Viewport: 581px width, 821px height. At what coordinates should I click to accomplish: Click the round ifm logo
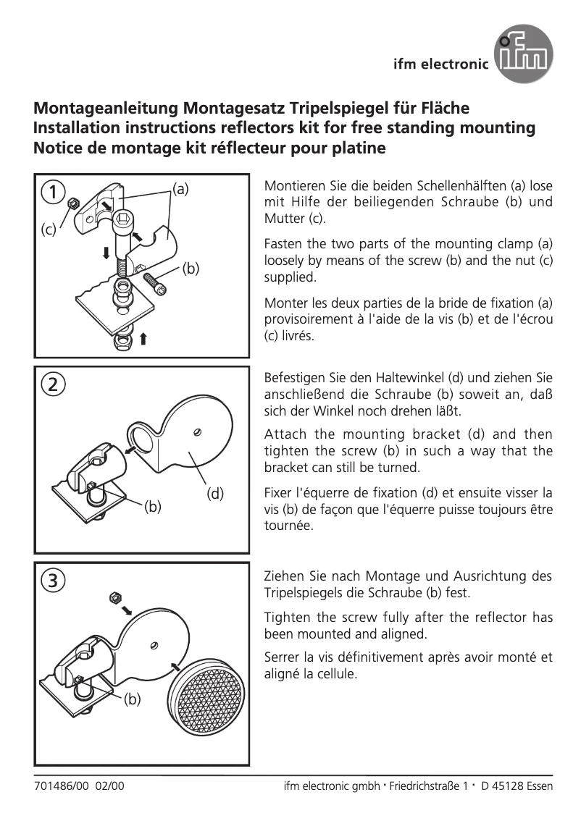[x=523, y=53]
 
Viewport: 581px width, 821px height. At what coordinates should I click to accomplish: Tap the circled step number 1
[x=51, y=192]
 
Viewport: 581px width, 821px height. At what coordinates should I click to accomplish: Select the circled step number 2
[x=51, y=384]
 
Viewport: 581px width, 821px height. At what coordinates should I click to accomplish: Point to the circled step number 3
[x=51, y=579]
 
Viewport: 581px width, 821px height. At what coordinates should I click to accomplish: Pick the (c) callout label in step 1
[x=49, y=230]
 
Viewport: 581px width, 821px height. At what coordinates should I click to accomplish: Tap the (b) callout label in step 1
[x=190, y=269]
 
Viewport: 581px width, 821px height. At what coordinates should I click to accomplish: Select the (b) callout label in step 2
[x=152, y=506]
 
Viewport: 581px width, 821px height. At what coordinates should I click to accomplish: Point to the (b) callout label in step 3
[x=131, y=699]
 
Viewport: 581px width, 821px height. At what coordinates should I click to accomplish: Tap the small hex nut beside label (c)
[x=72, y=205]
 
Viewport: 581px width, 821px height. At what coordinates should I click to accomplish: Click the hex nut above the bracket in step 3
[x=113, y=597]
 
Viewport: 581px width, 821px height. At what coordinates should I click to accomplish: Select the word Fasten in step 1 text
[x=284, y=243]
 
